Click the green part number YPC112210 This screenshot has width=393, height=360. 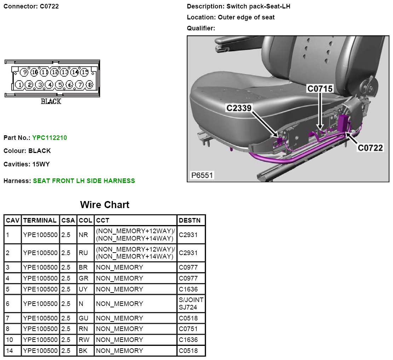tap(50, 138)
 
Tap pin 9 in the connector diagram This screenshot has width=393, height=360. tap(24, 73)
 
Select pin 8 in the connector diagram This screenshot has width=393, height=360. tap(90, 85)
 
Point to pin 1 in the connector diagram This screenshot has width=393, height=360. tap(19, 85)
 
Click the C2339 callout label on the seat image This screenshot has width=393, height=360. tap(239, 108)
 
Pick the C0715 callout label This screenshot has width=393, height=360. tap(320, 89)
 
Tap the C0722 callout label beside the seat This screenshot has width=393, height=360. tap(370, 148)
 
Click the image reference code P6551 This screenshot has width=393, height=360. tap(202, 175)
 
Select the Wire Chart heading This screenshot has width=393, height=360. tap(105, 205)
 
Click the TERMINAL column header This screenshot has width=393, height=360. tap(40, 220)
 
